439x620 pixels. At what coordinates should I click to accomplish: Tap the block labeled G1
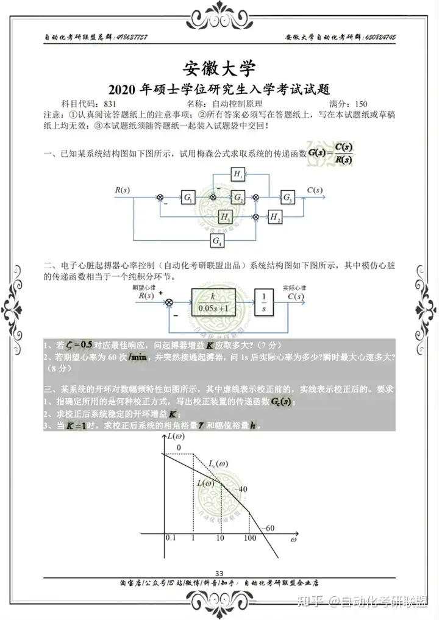pos(188,198)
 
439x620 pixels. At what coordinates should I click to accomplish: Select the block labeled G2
pos(238,198)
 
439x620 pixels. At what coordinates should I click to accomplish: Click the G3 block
pos(287,197)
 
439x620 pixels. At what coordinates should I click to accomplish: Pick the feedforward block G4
pos(217,241)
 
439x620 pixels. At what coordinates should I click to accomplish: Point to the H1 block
pos(226,216)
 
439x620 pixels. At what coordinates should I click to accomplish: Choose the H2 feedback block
pos(276,216)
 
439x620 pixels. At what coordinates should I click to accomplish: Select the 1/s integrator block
pos(264,302)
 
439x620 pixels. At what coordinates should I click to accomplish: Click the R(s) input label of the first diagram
pos(123,190)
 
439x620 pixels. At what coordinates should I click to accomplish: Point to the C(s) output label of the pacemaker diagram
pos(296,296)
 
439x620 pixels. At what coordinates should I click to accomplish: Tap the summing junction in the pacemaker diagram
pos(170,302)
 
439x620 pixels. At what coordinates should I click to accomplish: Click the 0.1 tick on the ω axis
pos(170,539)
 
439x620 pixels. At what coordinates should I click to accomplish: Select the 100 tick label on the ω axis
pos(249,539)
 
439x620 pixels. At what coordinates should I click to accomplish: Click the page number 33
pos(220,572)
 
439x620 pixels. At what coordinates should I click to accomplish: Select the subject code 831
pos(110,104)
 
